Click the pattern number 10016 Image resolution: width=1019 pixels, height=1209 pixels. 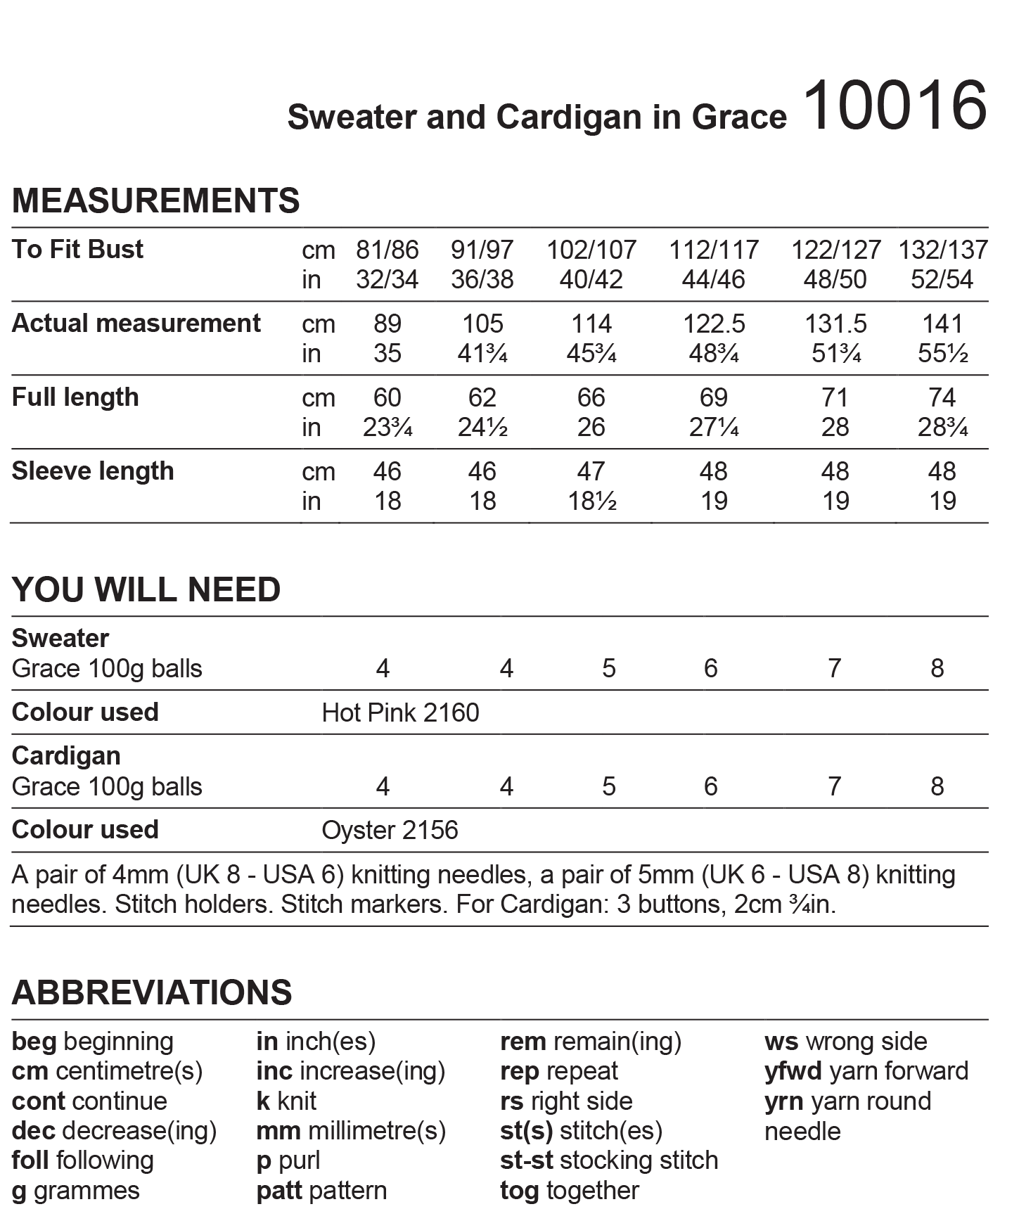[x=895, y=106]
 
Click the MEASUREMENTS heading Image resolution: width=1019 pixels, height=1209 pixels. [x=155, y=201]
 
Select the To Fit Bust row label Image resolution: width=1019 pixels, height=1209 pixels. [x=77, y=250]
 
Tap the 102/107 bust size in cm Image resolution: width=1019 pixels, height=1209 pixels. [x=591, y=250]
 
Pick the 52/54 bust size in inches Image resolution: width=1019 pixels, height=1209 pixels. [x=942, y=280]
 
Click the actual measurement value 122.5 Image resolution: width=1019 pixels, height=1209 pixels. [x=713, y=324]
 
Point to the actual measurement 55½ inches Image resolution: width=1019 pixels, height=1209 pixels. [x=942, y=354]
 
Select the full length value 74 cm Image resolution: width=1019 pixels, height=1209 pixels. [x=942, y=397]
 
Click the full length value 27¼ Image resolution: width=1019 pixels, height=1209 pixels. [x=713, y=428]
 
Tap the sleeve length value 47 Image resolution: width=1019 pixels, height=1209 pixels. [x=591, y=471]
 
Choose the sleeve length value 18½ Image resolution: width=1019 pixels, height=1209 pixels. [x=591, y=501]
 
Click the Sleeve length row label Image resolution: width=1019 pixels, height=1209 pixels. [x=93, y=471]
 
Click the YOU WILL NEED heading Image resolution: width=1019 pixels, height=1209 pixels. [x=146, y=590]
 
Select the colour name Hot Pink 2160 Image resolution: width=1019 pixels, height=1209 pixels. [x=400, y=713]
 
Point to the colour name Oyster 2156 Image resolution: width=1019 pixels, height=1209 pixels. [x=390, y=831]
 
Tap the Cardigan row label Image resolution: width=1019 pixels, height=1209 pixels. [x=66, y=756]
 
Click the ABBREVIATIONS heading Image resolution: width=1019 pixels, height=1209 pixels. [x=152, y=992]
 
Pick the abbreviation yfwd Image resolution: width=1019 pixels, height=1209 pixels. [x=793, y=1071]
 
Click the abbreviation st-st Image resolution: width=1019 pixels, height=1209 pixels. [x=526, y=1160]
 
